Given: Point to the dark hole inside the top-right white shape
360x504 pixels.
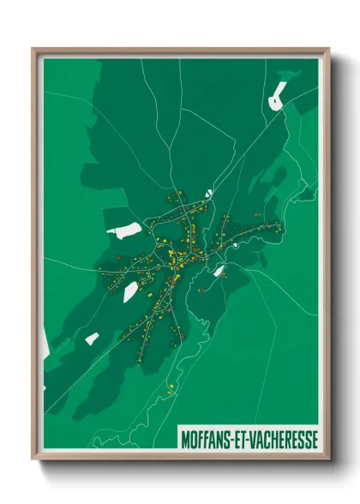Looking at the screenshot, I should pos(274,101).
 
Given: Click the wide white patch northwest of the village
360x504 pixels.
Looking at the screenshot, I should pos(125,230).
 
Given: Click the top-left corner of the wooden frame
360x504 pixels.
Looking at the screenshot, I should pos(33,49).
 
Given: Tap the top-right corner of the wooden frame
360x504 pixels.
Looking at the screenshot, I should pos(328,49).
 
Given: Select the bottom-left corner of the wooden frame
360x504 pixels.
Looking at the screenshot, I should pos(33,459).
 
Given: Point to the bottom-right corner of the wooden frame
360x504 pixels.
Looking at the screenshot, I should pos(328,459).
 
